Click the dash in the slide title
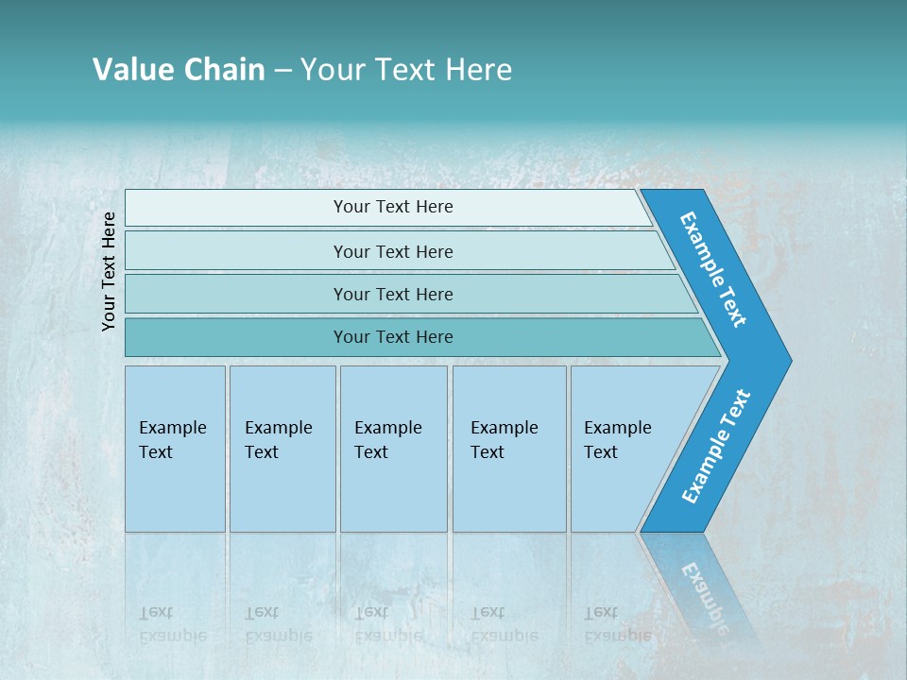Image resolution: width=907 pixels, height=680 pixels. (x=282, y=71)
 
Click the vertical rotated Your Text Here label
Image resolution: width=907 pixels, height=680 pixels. (x=109, y=271)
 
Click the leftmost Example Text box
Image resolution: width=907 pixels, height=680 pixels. (x=175, y=448)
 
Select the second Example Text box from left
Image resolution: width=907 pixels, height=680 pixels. (x=282, y=448)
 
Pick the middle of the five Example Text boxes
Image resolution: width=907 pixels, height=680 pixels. (x=393, y=448)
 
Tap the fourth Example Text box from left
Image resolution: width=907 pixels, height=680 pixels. (x=508, y=448)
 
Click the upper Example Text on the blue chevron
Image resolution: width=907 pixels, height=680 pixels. (x=714, y=268)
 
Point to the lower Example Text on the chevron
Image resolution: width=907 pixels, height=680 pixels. (x=716, y=447)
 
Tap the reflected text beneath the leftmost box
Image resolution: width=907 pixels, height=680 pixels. (x=172, y=623)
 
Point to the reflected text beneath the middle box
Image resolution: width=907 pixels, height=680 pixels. (x=387, y=623)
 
